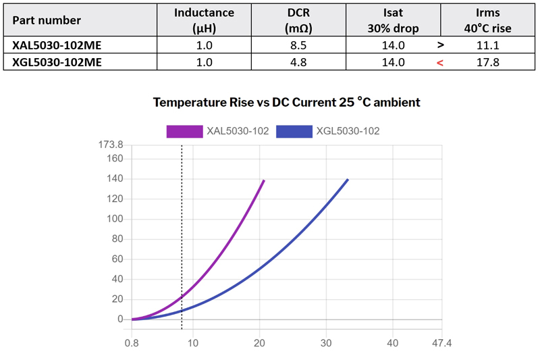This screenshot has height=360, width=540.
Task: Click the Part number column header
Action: coord(47,20)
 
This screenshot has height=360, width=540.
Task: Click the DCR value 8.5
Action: coord(298,45)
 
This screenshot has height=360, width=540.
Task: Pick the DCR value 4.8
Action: coord(298,62)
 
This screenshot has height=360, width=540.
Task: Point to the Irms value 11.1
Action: coord(487,45)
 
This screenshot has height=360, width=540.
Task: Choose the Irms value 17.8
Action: coord(487,62)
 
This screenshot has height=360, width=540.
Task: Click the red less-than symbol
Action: coord(440,63)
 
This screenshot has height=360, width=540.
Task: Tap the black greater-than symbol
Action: coord(440,45)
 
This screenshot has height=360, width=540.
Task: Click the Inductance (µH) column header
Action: coord(204,20)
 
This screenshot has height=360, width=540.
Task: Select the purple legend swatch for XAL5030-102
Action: coord(185,131)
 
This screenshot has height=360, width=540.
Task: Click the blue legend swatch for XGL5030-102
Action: coord(294,131)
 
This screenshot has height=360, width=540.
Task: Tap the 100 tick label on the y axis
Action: coord(115,219)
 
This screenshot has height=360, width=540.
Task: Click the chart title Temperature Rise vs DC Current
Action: coord(287,103)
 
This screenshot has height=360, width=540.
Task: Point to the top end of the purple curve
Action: coord(263,180)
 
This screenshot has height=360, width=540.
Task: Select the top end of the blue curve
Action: coord(348,180)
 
